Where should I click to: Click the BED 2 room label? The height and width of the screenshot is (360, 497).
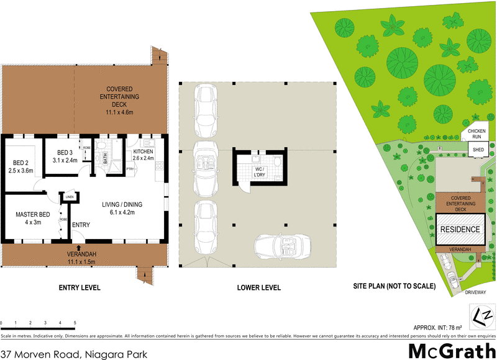click(21, 166)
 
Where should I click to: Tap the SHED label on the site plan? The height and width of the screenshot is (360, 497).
click(478, 150)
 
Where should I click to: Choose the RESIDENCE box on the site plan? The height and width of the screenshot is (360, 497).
click(460, 229)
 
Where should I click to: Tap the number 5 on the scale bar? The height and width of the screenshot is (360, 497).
click(75, 323)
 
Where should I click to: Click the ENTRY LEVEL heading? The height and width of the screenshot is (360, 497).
click(79, 287)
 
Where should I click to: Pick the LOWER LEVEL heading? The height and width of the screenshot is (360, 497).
click(259, 287)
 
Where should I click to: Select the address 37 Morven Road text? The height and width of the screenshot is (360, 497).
click(74, 354)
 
